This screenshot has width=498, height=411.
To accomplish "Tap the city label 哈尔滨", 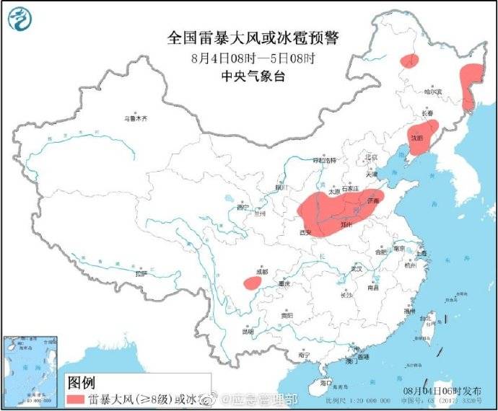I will click(x=432, y=92).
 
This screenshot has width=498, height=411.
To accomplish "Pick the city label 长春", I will click(x=427, y=114).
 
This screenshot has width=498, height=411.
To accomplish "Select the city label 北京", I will click(x=371, y=158).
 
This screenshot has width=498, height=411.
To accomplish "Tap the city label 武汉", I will click(x=355, y=268).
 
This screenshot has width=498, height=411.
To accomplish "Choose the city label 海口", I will click(x=326, y=382).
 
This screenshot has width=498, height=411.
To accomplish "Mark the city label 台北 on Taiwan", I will click(x=425, y=318).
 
